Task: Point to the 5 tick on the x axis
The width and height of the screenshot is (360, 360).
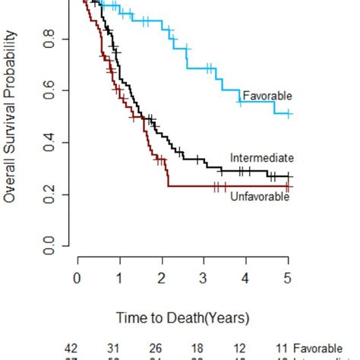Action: [288, 279]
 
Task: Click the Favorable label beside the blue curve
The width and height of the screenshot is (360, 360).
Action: [267, 96]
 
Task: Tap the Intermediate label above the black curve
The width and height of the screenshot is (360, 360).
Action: [262, 158]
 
